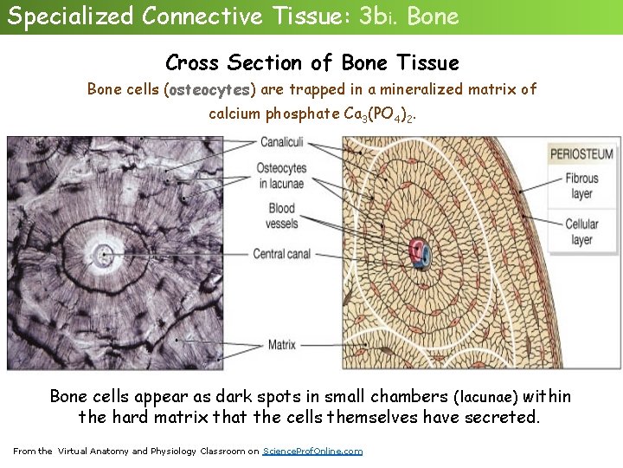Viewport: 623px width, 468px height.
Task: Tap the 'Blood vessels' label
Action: click(282, 215)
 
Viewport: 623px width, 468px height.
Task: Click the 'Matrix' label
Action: click(282, 345)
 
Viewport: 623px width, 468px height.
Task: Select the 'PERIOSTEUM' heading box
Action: click(582, 154)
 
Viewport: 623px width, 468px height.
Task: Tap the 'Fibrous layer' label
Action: click(581, 186)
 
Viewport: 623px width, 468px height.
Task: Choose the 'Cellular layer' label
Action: click(581, 231)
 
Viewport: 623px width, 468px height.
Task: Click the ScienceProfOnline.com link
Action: click(312, 452)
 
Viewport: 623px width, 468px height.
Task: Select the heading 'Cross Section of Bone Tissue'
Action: click(311, 62)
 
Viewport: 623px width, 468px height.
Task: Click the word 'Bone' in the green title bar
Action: click(433, 16)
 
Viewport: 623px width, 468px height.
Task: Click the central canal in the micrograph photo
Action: click(104, 255)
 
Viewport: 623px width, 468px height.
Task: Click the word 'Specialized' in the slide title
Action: click(71, 16)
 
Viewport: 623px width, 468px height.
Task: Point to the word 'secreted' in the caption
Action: click(503, 417)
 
